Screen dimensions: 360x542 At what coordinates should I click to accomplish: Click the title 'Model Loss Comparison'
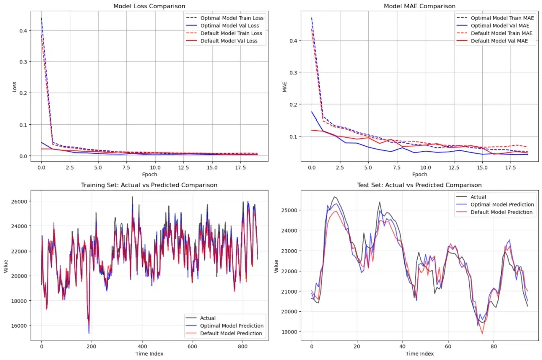(149, 6)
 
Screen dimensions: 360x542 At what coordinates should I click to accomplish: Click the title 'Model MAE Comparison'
(420, 6)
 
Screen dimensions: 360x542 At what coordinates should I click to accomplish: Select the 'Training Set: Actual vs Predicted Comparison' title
(149, 185)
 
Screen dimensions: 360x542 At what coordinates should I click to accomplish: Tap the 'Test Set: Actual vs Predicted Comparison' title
(420, 185)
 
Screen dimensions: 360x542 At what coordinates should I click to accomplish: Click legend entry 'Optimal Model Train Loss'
(232, 18)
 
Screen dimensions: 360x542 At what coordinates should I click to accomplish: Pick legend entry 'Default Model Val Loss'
(229, 41)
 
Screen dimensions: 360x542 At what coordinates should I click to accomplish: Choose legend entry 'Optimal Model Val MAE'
(499, 25)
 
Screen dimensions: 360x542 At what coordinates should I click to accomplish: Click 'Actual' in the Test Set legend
(478, 197)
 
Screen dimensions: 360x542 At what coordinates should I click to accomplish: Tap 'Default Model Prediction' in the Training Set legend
(231, 333)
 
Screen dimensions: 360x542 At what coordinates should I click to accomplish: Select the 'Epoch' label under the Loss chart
(149, 175)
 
